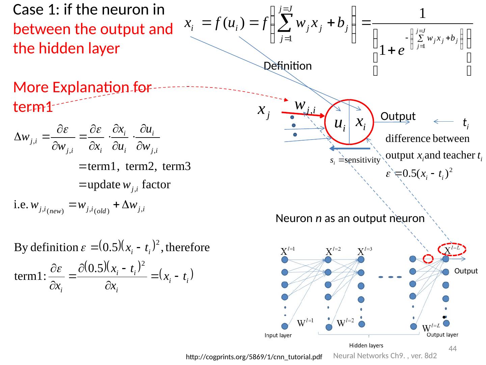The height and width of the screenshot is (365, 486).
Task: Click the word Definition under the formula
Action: coord(288,66)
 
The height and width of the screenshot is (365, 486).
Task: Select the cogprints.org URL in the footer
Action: coord(254,357)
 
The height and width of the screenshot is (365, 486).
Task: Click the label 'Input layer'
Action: coord(278,336)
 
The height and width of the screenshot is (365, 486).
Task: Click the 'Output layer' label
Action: coord(442,335)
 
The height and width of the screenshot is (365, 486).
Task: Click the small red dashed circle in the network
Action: coord(428,259)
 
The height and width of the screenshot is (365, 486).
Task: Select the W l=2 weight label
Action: coord(345,322)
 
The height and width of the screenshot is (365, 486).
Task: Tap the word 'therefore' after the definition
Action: coord(188,248)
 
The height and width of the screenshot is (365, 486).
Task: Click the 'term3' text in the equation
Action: coord(177,166)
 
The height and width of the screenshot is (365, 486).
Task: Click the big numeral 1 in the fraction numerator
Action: coord(422,14)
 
